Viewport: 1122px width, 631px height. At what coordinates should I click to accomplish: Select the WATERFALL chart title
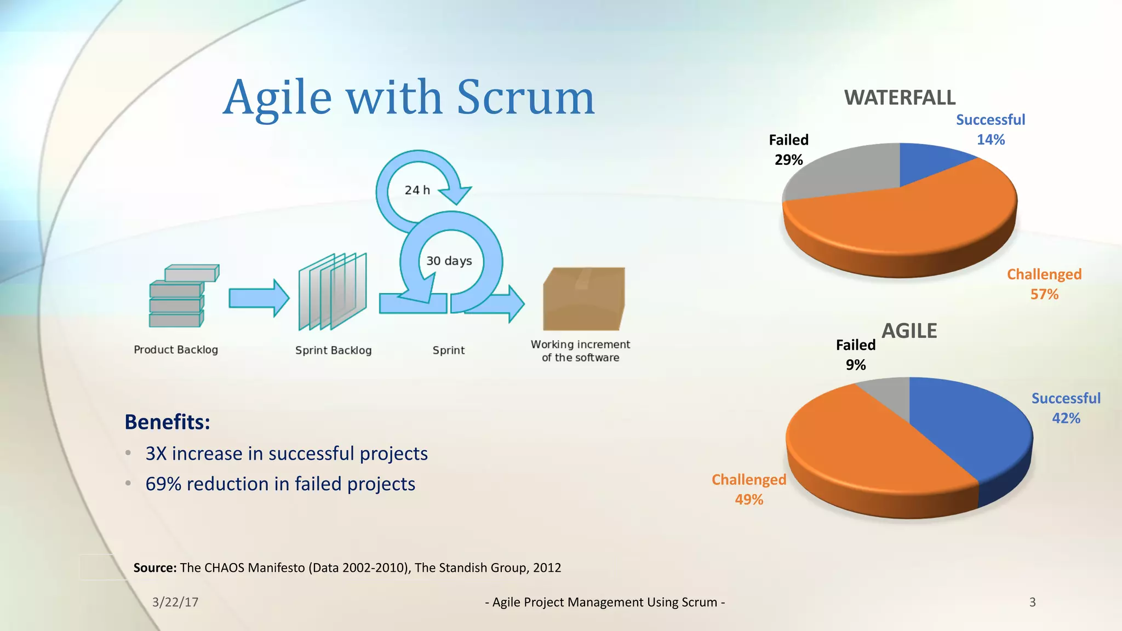(x=900, y=98)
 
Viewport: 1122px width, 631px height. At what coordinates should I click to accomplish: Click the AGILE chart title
(x=909, y=331)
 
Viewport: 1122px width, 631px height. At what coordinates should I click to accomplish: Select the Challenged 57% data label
(x=1044, y=284)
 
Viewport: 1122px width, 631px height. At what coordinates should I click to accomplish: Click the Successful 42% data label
(x=1066, y=408)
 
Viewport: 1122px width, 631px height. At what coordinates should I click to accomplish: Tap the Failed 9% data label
(x=855, y=355)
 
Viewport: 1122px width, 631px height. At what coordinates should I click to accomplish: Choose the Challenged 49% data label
(x=748, y=489)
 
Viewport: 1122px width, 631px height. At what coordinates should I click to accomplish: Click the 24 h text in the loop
(x=417, y=190)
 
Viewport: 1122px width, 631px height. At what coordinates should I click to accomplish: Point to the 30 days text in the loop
(x=449, y=261)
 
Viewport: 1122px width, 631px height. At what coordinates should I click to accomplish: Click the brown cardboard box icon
(x=583, y=299)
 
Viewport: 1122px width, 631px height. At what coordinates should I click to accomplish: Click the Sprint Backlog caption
(x=333, y=351)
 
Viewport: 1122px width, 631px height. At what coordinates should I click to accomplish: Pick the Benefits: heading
(x=167, y=422)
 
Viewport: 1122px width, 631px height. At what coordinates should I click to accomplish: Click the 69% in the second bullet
(x=163, y=484)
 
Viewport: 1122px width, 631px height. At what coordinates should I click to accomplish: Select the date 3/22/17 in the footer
(x=175, y=602)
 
